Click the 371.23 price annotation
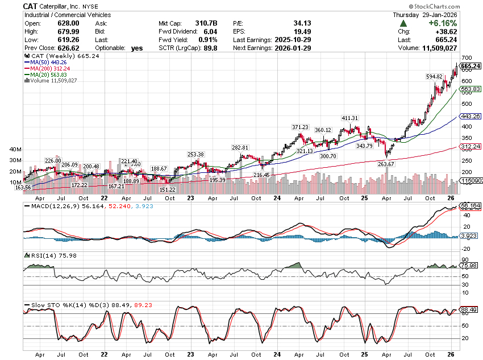(300, 127)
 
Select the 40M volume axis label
(16, 149)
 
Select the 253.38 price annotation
(195, 154)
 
